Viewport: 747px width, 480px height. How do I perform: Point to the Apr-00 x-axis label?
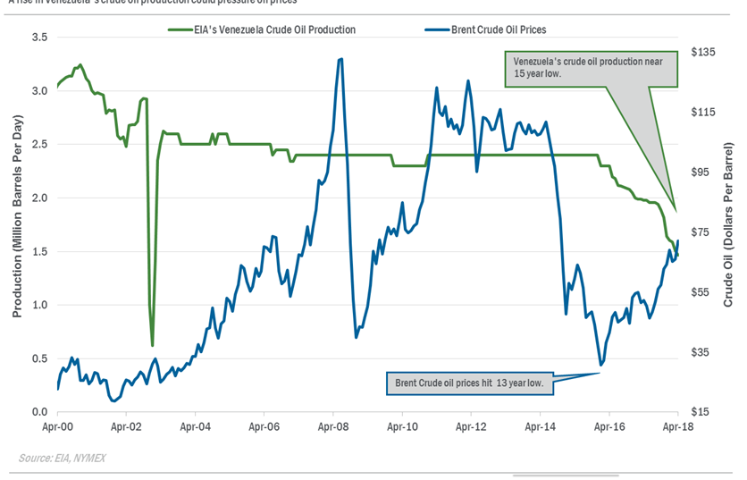tap(58, 428)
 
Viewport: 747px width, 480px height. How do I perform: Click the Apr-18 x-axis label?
tap(677, 428)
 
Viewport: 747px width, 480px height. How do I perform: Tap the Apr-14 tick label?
tap(540, 428)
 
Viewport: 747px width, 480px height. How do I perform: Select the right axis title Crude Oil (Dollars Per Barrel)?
tap(728, 223)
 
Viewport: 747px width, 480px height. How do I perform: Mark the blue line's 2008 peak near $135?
tap(341, 59)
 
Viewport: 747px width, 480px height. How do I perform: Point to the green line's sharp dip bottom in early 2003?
tap(153, 345)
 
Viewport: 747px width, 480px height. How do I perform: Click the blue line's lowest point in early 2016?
tap(601, 365)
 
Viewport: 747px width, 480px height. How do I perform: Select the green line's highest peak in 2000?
tap(80, 64)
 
